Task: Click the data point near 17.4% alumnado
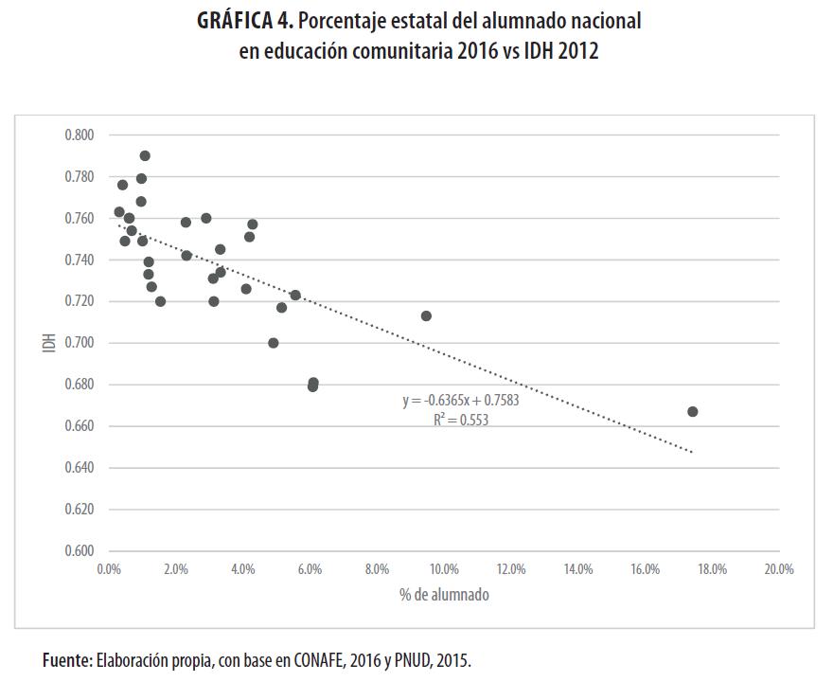pos(692,411)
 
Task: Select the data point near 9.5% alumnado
pos(426,315)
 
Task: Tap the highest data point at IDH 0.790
pos(145,156)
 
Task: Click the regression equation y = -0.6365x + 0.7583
pos(460,401)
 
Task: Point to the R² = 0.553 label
pos(461,420)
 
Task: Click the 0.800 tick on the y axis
pos(80,135)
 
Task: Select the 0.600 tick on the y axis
pos(80,550)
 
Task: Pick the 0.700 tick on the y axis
pos(80,343)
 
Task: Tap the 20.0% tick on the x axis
pos(779,569)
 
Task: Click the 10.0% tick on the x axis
pos(444,569)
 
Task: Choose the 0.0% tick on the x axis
pos(109,569)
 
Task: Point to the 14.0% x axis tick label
pos(578,569)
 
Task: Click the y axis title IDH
pos(48,343)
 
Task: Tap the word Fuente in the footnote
pos(66,660)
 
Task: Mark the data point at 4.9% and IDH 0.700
pos(274,343)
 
